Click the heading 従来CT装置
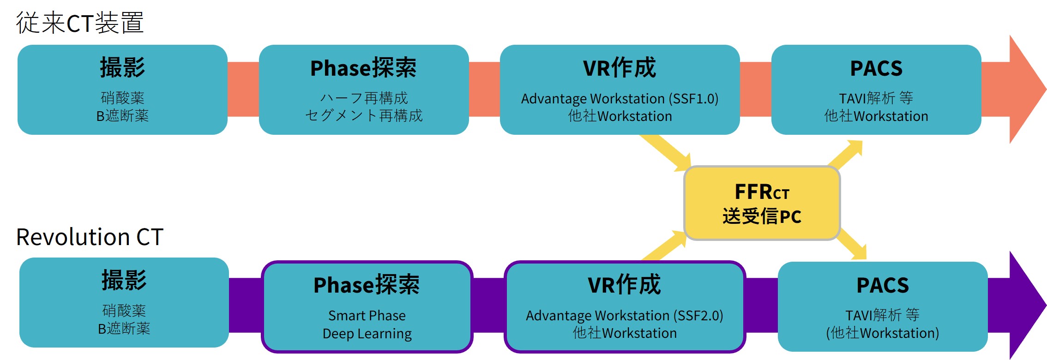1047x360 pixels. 80,23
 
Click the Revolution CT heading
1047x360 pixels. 90,237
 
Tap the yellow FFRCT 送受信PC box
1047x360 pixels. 762,204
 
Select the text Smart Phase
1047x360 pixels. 367,316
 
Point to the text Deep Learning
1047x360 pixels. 367,334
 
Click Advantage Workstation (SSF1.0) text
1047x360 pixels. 620,99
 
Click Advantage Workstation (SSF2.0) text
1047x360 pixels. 624,316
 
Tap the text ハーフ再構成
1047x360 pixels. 364,98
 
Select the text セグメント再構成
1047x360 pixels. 364,116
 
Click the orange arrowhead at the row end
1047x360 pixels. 1025,89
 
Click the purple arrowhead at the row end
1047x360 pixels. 1025,305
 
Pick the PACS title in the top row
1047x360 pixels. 876,68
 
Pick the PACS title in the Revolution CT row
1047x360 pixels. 883,285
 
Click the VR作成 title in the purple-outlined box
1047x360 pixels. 624,284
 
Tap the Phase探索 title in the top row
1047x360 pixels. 363,68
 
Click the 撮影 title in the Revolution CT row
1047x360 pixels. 124,281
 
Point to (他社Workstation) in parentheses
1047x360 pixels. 883,333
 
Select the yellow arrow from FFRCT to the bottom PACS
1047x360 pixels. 852,245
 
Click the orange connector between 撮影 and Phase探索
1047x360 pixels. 243,89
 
